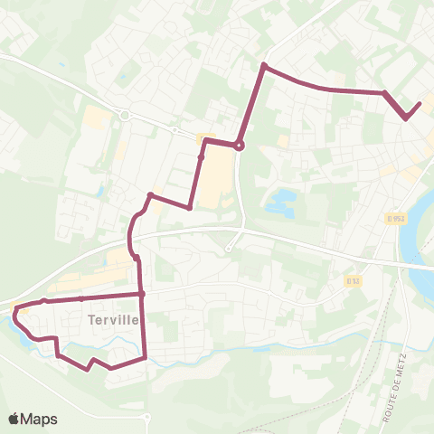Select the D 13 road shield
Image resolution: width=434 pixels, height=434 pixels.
[x=353, y=281]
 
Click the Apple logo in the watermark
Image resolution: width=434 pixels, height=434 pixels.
[x=14, y=419]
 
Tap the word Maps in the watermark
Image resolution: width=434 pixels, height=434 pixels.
[x=40, y=419]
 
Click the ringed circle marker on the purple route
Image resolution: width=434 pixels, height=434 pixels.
[x=239, y=146]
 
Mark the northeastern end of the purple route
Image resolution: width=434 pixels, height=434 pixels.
[x=420, y=104]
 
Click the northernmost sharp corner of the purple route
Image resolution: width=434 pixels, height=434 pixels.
[x=263, y=65]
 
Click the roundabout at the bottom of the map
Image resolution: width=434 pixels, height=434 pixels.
[x=147, y=418]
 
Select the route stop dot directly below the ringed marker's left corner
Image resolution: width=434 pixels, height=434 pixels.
[x=201, y=157]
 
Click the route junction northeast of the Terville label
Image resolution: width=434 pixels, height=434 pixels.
[x=143, y=294]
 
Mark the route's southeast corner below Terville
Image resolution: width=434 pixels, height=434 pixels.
[x=145, y=359]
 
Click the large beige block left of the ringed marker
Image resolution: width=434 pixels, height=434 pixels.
[x=217, y=176]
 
